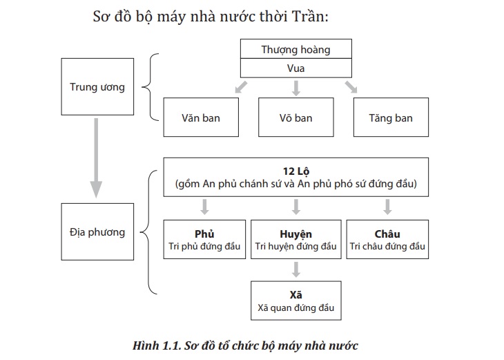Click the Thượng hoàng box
(x=295, y=49)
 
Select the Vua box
(x=295, y=68)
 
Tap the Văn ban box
(x=202, y=117)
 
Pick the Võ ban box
(x=295, y=117)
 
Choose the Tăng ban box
(x=391, y=117)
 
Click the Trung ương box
(x=97, y=87)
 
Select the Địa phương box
(x=97, y=231)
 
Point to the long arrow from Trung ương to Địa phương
(x=96, y=159)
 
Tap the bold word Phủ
(x=206, y=234)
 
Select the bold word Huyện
(x=295, y=234)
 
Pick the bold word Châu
(x=388, y=234)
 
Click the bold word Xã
(x=295, y=294)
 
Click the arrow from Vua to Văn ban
(x=240, y=87)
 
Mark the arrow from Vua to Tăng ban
(x=351, y=87)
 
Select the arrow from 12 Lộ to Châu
(x=387, y=207)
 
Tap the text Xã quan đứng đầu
(x=295, y=307)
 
